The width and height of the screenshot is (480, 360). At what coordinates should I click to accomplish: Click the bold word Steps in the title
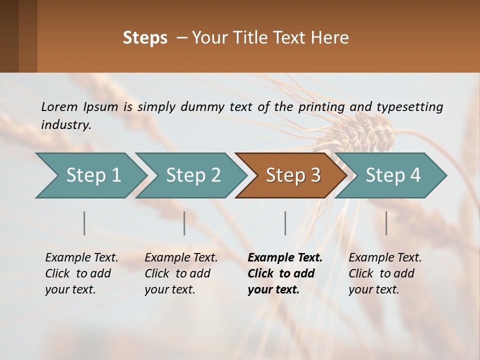(145, 38)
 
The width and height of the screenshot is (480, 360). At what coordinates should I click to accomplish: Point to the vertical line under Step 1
(84, 223)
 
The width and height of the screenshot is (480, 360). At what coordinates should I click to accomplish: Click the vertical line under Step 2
(184, 223)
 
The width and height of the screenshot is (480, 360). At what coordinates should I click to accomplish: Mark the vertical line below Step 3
(285, 223)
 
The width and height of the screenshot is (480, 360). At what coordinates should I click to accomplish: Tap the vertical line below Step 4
(386, 223)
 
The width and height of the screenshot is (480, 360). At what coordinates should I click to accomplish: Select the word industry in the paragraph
(66, 125)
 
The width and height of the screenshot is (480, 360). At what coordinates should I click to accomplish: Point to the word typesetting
(409, 107)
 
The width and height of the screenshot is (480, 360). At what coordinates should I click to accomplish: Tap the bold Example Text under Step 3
(285, 258)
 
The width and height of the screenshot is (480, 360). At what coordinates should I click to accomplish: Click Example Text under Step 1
(81, 258)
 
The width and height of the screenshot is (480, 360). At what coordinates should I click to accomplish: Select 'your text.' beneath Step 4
(373, 289)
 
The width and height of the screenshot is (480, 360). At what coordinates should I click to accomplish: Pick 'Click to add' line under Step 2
(177, 273)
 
